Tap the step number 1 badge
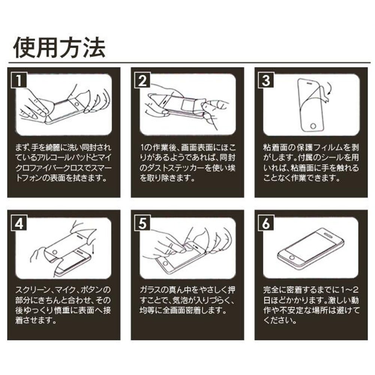click(19, 80)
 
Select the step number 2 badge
click(142, 80)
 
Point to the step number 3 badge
click(266, 80)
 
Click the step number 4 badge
click(19, 223)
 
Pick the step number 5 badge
click(142, 223)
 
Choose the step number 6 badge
click(266, 223)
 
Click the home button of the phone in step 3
click(313, 126)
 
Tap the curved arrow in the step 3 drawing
click(330, 89)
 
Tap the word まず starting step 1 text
click(20, 148)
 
